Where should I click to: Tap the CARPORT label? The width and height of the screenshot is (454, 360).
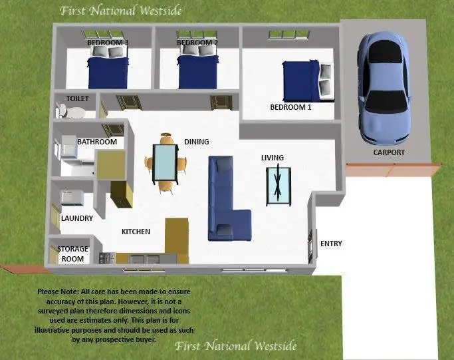click(x=388, y=152)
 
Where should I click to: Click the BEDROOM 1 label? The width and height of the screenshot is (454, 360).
click(x=290, y=107)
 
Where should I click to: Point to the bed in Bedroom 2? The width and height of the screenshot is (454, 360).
click(x=198, y=70)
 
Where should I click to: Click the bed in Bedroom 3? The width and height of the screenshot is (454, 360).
click(x=108, y=70)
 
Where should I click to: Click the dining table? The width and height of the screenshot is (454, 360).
click(x=165, y=164)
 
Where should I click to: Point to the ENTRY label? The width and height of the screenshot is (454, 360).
click(x=331, y=244)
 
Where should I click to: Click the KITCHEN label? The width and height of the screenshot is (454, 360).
click(x=136, y=232)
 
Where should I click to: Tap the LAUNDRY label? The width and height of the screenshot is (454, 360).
click(x=76, y=218)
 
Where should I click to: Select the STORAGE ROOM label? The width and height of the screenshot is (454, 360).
click(x=72, y=254)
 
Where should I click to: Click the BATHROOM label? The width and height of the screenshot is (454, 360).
click(x=97, y=142)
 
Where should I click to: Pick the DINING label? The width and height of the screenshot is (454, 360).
click(x=196, y=142)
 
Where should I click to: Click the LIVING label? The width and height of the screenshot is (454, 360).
click(x=272, y=158)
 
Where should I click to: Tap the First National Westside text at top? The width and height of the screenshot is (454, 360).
click(x=120, y=11)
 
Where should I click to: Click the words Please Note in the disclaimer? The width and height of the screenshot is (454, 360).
click(x=58, y=291)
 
